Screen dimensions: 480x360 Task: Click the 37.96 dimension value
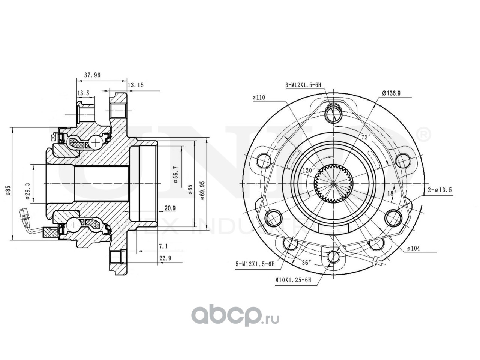click(x=92, y=75)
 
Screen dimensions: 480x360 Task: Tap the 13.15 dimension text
click(x=136, y=85)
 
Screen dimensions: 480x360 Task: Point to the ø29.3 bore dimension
click(x=28, y=184)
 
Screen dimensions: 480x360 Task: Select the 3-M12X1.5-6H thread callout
click(x=304, y=85)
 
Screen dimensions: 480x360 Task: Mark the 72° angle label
click(x=366, y=137)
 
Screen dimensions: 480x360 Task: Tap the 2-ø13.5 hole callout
click(x=440, y=190)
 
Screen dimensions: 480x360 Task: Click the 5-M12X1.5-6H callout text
click(x=255, y=264)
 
